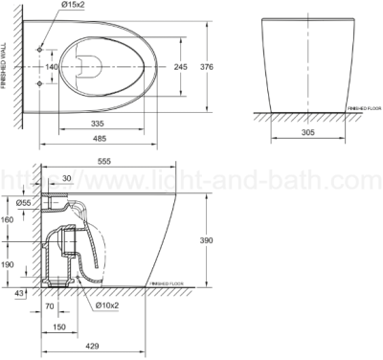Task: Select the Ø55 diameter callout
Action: coord(24,204)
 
